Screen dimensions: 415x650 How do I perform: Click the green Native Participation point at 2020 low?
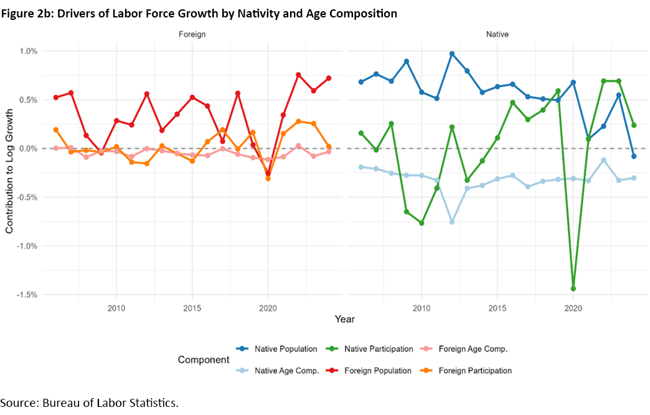[573, 289]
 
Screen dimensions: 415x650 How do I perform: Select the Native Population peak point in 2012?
[451, 54]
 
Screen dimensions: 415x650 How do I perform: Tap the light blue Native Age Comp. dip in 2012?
[451, 222]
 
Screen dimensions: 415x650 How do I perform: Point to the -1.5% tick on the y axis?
[26, 294]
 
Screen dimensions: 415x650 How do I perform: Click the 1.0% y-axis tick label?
[27, 51]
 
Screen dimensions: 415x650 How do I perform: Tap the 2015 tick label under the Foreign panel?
[192, 308]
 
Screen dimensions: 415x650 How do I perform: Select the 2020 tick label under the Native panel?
[573, 308]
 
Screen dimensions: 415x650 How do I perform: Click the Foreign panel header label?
[192, 35]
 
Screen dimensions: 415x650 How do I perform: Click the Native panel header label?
[497, 35]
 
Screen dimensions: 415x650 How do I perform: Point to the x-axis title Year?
[344, 319]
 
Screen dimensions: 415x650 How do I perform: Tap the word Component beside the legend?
[203, 360]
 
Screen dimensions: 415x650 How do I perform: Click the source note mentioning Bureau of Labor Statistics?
[89, 403]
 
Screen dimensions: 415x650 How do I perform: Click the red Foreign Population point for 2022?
[298, 75]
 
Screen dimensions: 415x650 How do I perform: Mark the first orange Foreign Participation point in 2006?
[56, 130]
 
